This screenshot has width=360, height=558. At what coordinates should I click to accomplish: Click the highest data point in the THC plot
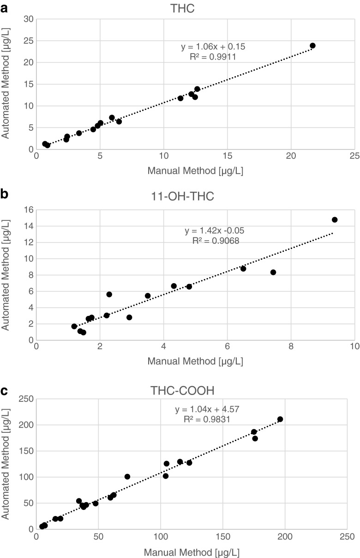(x=312, y=46)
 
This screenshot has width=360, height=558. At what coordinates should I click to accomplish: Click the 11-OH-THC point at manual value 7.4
(x=273, y=272)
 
